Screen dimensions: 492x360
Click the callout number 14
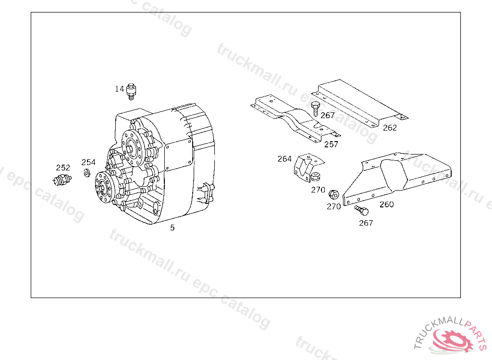pyautogui.click(x=120, y=89)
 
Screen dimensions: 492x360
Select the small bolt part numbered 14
pyautogui.click(x=131, y=91)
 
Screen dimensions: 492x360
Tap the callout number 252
pyautogui.click(x=63, y=168)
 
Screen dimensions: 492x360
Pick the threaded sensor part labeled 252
pyautogui.click(x=62, y=180)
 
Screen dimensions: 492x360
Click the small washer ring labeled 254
pyautogui.click(x=86, y=173)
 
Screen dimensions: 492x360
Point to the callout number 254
pyautogui.click(x=88, y=162)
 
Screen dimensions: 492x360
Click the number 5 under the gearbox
pyautogui.click(x=172, y=228)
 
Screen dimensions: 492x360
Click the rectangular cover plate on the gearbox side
pyautogui.click(x=178, y=155)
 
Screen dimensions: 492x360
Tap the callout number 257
pyautogui.click(x=331, y=144)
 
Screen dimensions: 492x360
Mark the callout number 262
pyautogui.click(x=390, y=128)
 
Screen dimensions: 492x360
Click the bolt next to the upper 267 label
pyautogui.click(x=315, y=108)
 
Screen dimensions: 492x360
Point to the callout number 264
pyautogui.click(x=284, y=159)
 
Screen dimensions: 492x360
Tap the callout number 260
pyautogui.click(x=387, y=204)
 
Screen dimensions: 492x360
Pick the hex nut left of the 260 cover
pyautogui.click(x=333, y=194)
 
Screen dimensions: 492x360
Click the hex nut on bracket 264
pyautogui.click(x=315, y=177)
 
